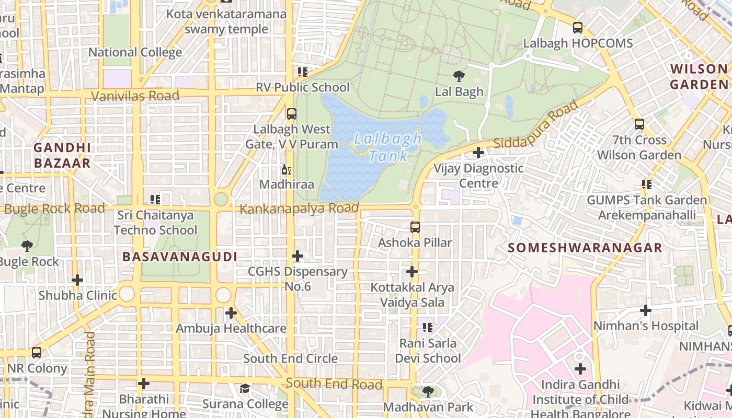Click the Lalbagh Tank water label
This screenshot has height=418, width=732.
pyautogui.click(x=387, y=147)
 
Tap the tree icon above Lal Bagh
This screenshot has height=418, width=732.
pyautogui.click(x=459, y=76)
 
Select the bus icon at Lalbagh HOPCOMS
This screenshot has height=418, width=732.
pyautogui.click(x=578, y=28)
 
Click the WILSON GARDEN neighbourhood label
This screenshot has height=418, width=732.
pyautogui.click(x=699, y=76)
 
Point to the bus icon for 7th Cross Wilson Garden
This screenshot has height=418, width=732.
pyautogui.click(x=639, y=124)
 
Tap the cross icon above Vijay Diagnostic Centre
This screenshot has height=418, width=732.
pyautogui.click(x=478, y=153)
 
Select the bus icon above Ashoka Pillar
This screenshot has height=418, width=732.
pyautogui.click(x=415, y=227)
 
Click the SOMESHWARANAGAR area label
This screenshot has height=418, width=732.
pyautogui.click(x=585, y=248)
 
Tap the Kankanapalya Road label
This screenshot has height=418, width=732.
pyautogui.click(x=299, y=209)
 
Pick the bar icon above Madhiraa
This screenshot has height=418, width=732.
pyautogui.click(x=287, y=169)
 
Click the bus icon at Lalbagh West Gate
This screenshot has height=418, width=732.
pyautogui.click(x=292, y=113)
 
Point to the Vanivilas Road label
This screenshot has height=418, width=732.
pyautogui.click(x=135, y=96)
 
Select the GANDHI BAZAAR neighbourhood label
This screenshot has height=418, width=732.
pyautogui.click(x=62, y=155)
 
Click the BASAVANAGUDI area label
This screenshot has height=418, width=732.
pyautogui.click(x=180, y=257)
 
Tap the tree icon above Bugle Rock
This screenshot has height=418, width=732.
pyautogui.click(x=27, y=246)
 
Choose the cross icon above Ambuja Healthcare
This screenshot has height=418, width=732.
pyautogui.click(x=231, y=313)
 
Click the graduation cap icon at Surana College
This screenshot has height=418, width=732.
pyautogui.click(x=245, y=388)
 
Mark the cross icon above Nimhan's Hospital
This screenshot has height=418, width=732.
pyautogui.click(x=646, y=310)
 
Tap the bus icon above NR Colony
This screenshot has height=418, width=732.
pyautogui.click(x=37, y=353)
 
